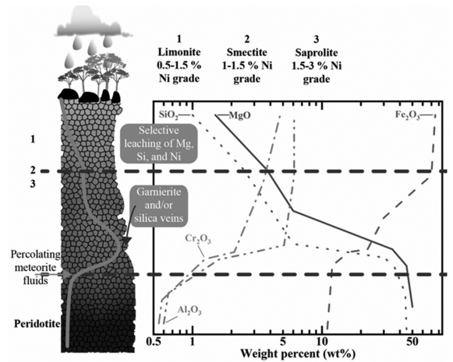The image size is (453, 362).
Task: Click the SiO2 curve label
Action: [x=168, y=114]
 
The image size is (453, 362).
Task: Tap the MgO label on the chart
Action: [x=240, y=115]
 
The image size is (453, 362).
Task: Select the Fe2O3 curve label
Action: [x=407, y=115]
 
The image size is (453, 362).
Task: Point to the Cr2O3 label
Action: [x=198, y=239]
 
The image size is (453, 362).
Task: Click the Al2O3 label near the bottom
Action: [x=189, y=311]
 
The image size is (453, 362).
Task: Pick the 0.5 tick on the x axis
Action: [x=154, y=342]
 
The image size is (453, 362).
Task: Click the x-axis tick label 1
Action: [x=192, y=342]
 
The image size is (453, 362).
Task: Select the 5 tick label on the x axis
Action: [x=283, y=342]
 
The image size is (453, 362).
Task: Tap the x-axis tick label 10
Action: [x=323, y=342]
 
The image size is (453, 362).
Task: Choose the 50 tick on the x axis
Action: [x=412, y=342]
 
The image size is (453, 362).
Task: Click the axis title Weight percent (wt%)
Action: [x=298, y=353]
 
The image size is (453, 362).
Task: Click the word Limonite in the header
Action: [x=179, y=52]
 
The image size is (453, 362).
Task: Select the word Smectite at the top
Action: [x=246, y=52]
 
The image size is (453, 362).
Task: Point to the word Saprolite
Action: [x=317, y=53]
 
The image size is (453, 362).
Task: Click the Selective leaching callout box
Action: [x=159, y=144]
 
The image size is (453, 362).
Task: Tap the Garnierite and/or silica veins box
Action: [x=158, y=205]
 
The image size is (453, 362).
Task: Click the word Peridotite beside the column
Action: [x=37, y=324]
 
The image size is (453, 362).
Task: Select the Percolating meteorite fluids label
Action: [x=36, y=267]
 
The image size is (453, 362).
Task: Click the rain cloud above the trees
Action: [x=93, y=24]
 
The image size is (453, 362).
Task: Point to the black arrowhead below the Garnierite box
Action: [x=126, y=241]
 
